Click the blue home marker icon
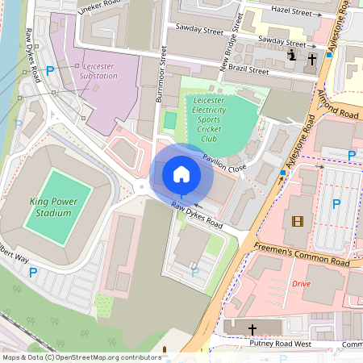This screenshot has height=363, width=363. point(181,173)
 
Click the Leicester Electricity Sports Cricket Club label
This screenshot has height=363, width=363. point(207,119)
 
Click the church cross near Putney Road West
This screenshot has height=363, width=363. point(252,330)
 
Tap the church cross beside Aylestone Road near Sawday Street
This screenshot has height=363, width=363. point(312,58)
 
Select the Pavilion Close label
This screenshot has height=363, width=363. point(224,163)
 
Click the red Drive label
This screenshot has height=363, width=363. point(301,284)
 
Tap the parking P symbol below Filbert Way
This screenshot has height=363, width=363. point(33,273)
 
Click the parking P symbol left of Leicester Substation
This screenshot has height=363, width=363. point(50,71)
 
